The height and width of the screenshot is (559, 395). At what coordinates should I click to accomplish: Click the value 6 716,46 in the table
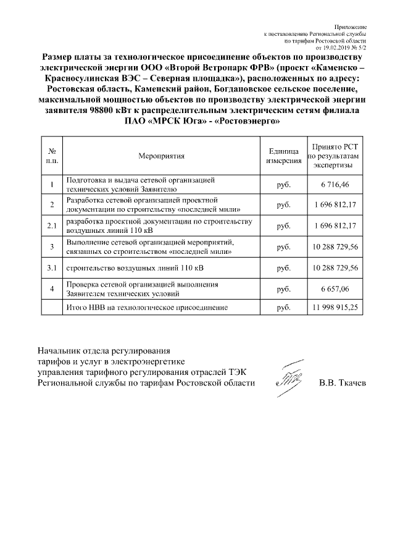pyautogui.click(x=336, y=185)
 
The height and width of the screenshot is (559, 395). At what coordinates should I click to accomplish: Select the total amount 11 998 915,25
pyautogui.click(x=336, y=307)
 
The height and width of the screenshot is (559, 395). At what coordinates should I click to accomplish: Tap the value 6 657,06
pyautogui.click(x=336, y=289)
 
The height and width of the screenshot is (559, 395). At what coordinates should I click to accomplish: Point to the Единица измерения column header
pyautogui.click(x=285, y=156)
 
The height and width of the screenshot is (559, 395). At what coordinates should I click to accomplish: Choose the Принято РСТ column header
pyautogui.click(x=336, y=156)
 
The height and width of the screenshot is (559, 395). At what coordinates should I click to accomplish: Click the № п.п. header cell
pyautogui.click(x=52, y=156)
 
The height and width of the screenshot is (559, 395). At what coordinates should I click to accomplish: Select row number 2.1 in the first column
pyautogui.click(x=52, y=226)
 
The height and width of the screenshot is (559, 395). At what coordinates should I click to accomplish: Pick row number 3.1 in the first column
pyautogui.click(x=52, y=268)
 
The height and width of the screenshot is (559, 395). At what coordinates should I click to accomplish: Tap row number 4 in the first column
pyautogui.click(x=52, y=289)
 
